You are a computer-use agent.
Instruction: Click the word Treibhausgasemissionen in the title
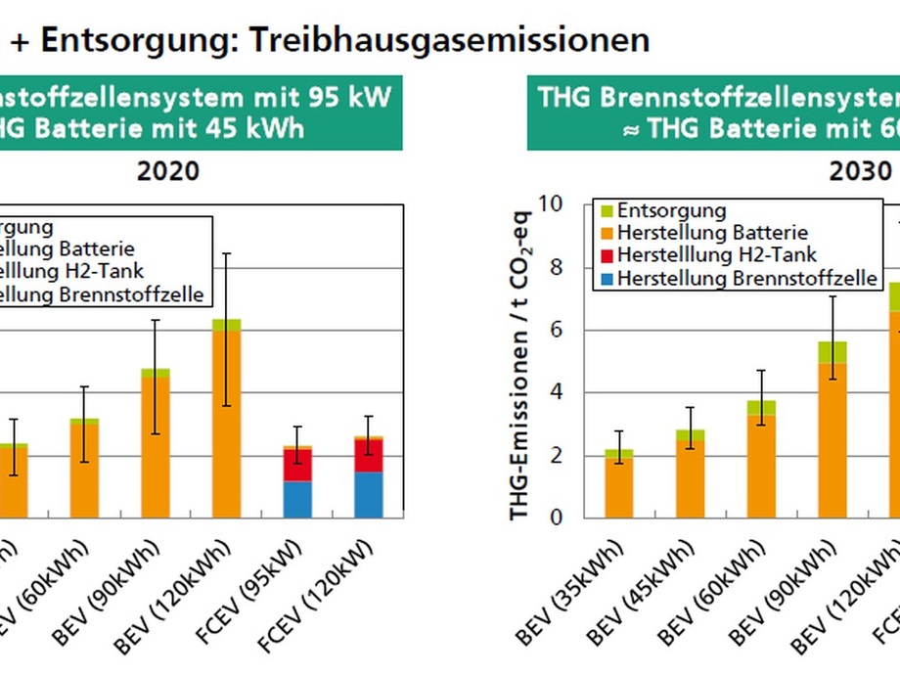click(x=450, y=39)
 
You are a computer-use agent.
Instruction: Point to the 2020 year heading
click(x=167, y=172)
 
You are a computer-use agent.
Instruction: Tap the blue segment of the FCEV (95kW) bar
click(x=297, y=499)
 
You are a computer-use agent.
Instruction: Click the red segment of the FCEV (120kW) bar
click(x=369, y=456)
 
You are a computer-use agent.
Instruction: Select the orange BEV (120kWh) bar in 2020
click(x=226, y=425)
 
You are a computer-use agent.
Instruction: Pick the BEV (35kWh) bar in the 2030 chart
click(x=618, y=486)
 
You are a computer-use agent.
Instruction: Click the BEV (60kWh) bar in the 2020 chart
click(x=84, y=470)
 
